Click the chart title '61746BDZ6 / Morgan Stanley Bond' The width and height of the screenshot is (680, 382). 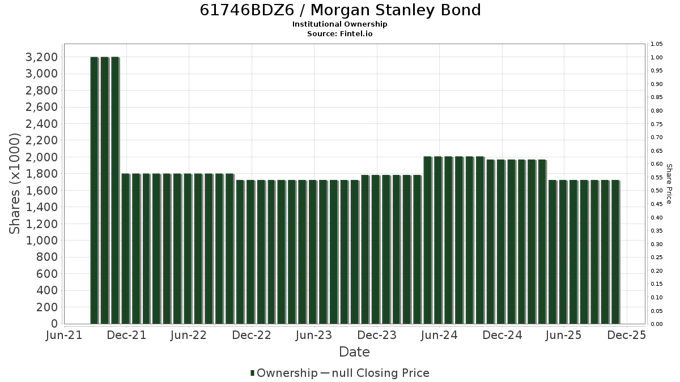340,10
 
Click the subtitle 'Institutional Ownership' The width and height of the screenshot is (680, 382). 339,24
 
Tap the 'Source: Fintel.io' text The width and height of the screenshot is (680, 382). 339,33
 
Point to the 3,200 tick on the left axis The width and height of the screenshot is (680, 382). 41,57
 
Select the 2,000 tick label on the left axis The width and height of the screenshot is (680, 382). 41,157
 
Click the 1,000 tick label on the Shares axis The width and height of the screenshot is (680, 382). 41,241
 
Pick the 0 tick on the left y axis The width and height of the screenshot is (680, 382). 54,324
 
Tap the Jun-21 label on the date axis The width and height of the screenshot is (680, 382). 64,335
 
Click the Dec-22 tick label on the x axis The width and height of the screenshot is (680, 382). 252,335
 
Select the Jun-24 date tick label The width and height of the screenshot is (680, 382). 439,335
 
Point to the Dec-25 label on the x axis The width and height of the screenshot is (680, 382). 627,335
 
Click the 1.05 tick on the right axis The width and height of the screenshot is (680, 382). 657,44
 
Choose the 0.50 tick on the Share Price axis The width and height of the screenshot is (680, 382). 657,191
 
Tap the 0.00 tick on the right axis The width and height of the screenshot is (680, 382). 657,324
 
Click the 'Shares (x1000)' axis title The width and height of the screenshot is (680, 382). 14,184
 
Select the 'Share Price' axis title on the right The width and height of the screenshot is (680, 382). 669,184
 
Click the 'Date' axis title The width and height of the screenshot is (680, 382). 354,352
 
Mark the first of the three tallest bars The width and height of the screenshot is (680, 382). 95,190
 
